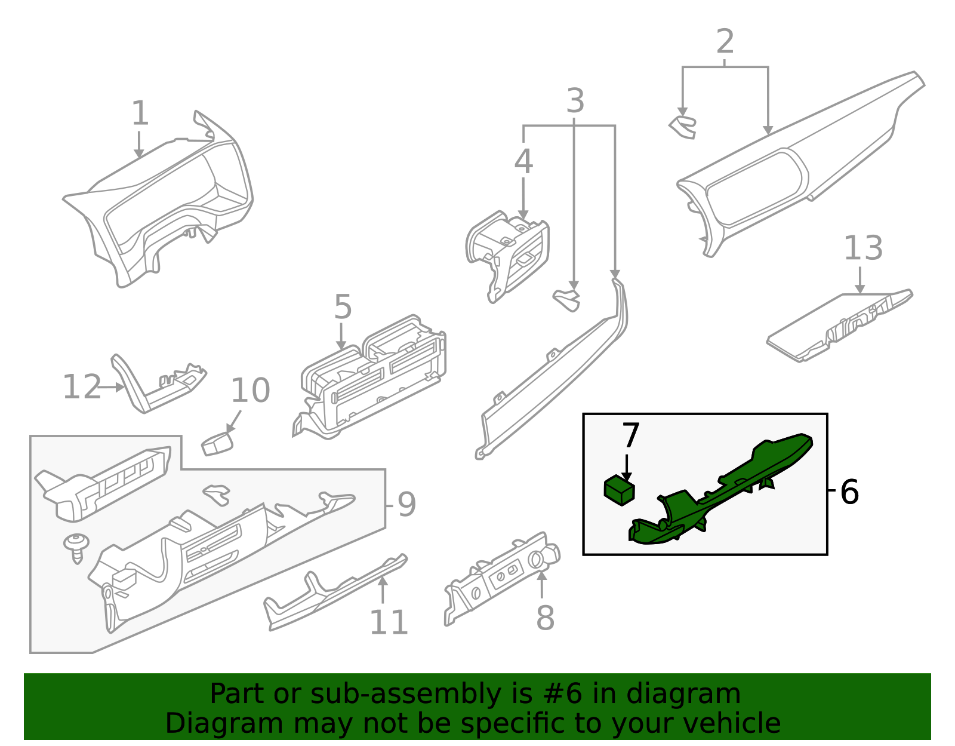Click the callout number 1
[x=140, y=113]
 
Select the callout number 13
[x=862, y=248]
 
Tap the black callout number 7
[x=630, y=435]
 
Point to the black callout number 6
[x=849, y=492]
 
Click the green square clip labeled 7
[x=620, y=490]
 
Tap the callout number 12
[x=82, y=387]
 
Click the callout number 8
[x=545, y=618]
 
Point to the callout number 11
[x=389, y=623]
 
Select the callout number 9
[x=406, y=505]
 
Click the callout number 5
[x=343, y=307]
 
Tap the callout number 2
[x=725, y=42]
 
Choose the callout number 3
[x=575, y=101]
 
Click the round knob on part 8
[x=536, y=560]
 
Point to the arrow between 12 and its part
[x=111, y=388]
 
